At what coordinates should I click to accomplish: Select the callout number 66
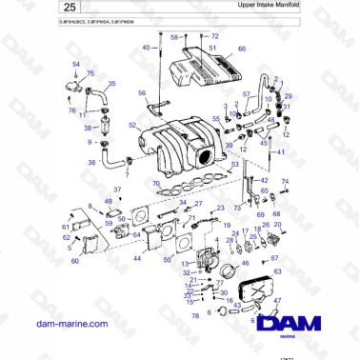(x=242, y=48)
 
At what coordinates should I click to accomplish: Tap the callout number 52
(x=132, y=125)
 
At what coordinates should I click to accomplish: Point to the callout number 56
(x=142, y=93)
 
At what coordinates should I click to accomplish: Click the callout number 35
(x=112, y=84)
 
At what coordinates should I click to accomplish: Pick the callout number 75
(x=90, y=73)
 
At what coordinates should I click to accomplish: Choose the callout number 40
(x=146, y=46)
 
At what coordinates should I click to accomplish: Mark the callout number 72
(x=214, y=35)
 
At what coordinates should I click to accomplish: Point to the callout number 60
(x=74, y=261)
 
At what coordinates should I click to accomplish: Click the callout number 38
(x=88, y=128)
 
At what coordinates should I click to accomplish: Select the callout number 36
(x=91, y=162)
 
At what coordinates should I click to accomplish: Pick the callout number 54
(x=76, y=63)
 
